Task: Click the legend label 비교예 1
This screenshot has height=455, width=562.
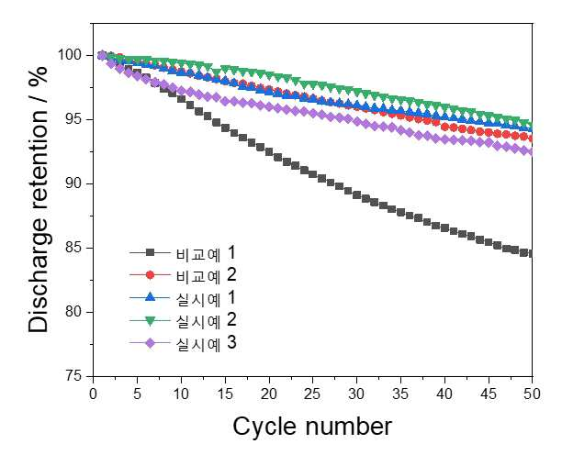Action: (x=206, y=253)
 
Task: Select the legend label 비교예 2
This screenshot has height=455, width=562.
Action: (x=206, y=275)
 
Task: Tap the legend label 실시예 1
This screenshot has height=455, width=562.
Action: (x=206, y=298)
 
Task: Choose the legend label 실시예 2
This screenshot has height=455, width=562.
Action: (x=206, y=320)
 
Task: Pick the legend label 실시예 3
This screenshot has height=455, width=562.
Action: (x=206, y=343)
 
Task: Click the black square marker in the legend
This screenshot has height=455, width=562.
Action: (x=151, y=253)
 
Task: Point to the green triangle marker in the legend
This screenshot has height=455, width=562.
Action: (x=151, y=321)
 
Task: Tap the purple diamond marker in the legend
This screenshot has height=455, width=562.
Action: (x=151, y=343)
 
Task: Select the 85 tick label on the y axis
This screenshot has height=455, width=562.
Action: (x=75, y=248)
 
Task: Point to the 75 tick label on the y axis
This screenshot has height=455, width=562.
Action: (x=75, y=377)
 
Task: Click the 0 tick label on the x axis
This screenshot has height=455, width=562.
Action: (x=93, y=394)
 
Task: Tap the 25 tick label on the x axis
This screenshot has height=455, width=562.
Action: (x=312, y=394)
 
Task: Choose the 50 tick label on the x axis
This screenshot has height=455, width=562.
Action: (x=532, y=394)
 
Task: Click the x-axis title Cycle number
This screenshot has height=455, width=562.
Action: (x=312, y=427)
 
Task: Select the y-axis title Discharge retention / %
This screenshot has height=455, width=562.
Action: (x=38, y=199)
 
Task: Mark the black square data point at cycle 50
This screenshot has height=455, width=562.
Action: (x=532, y=253)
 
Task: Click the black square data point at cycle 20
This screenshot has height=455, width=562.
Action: (x=269, y=151)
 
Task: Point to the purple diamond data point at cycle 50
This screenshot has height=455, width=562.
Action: (x=532, y=152)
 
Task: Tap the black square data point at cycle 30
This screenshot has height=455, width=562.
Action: (x=356, y=195)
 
